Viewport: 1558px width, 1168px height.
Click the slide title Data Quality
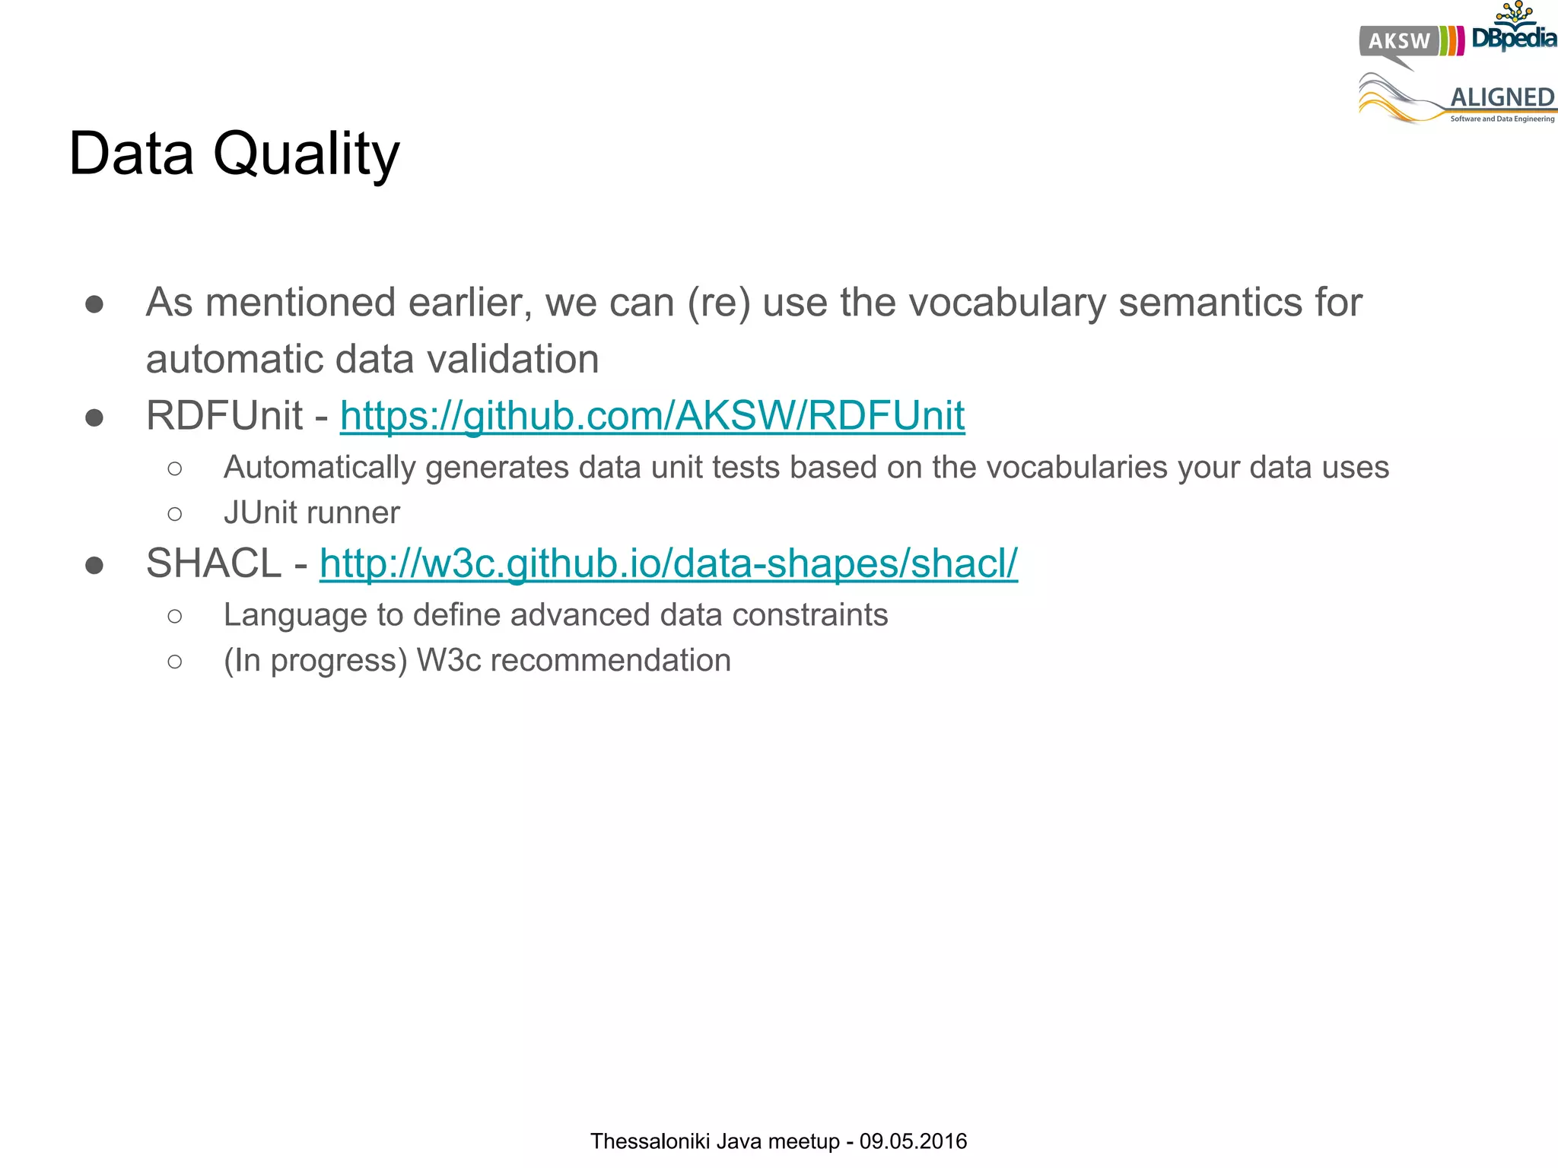(x=234, y=154)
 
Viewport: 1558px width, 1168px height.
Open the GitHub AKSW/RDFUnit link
(x=652, y=416)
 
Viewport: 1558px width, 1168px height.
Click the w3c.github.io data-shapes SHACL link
(x=668, y=563)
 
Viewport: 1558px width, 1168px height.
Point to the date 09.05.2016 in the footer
(x=913, y=1141)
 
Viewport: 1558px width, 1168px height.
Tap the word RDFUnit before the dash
(x=224, y=416)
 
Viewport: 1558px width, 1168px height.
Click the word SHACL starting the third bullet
(x=214, y=563)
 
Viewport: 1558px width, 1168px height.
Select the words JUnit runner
(x=311, y=513)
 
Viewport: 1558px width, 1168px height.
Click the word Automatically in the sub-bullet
(x=320, y=468)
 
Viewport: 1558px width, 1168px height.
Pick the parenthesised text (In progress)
(x=315, y=661)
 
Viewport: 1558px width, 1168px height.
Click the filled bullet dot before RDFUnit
(x=94, y=417)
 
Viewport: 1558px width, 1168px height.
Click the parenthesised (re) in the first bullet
(x=719, y=303)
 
